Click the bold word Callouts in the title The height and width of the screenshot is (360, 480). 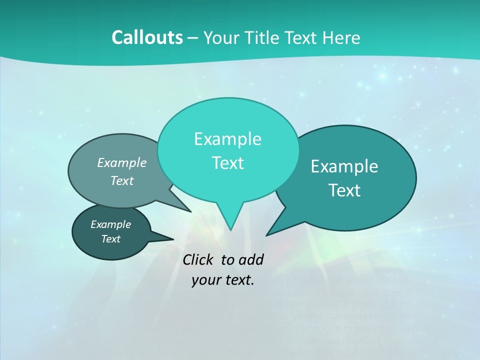click(x=147, y=37)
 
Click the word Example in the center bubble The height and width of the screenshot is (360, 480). click(x=227, y=139)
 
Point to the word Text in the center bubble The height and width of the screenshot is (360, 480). click(x=227, y=163)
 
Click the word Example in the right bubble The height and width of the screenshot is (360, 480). click(x=344, y=166)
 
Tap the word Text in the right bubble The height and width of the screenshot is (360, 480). click(x=344, y=190)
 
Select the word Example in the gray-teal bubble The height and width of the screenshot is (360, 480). click(x=122, y=162)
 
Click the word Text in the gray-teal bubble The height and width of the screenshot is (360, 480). click(x=122, y=180)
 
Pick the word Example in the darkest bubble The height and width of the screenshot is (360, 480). click(x=110, y=224)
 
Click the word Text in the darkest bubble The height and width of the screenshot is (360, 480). click(x=110, y=239)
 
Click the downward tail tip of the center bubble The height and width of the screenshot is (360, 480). click(x=230, y=229)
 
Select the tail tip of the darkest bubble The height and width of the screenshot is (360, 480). click(x=173, y=239)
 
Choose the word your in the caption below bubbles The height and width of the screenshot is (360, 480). click(x=206, y=280)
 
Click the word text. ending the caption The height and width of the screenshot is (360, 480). click(x=238, y=280)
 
